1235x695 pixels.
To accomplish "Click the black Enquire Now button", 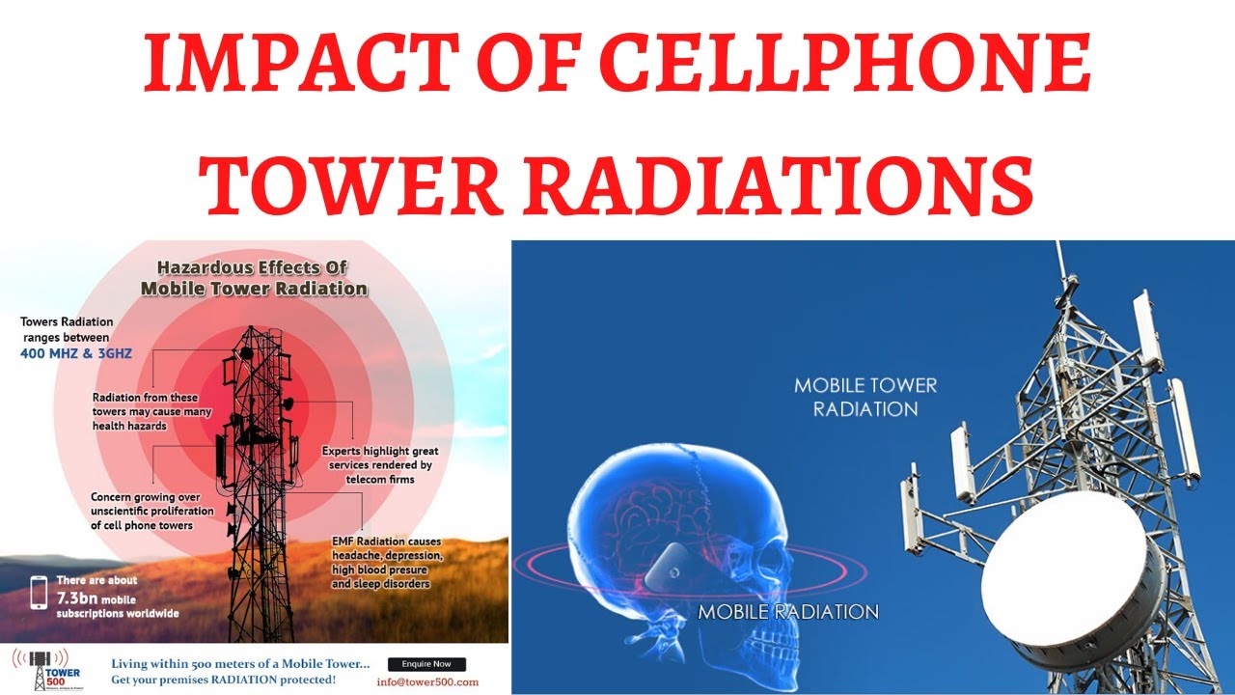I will (x=426, y=664).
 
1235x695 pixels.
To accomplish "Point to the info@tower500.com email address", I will (x=427, y=682).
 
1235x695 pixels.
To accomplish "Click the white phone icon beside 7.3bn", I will (x=39, y=592).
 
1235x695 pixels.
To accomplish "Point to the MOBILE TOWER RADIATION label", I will (x=864, y=397).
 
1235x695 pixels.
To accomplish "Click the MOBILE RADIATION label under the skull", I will (x=788, y=612).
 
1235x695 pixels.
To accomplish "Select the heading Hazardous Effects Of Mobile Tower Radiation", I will (x=253, y=277).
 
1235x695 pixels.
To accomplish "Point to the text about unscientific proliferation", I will (x=142, y=511).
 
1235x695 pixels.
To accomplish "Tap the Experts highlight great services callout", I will (x=381, y=465).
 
